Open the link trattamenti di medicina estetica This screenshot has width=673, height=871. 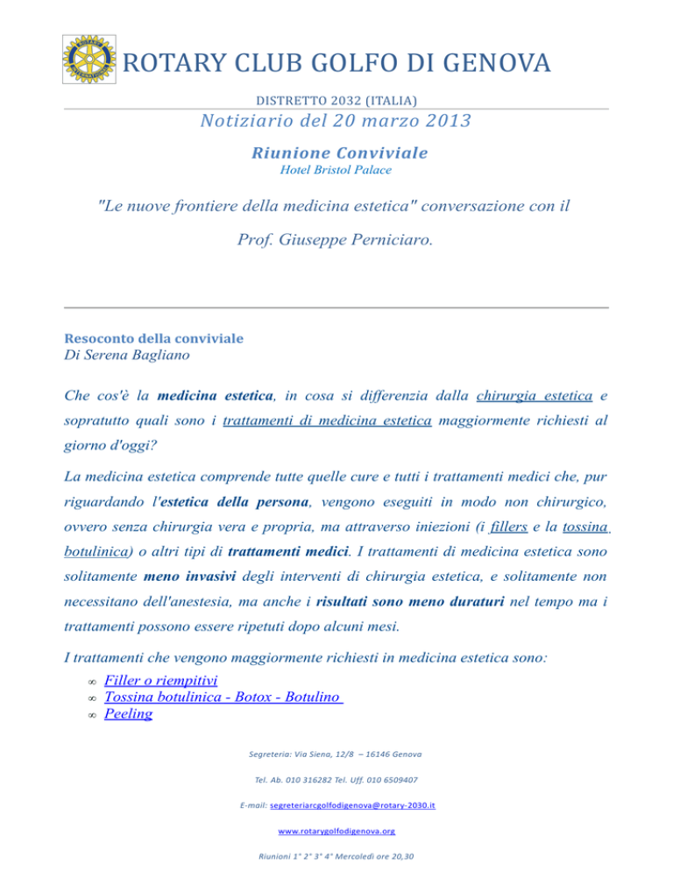(x=327, y=421)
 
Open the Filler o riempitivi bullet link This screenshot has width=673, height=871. (x=161, y=680)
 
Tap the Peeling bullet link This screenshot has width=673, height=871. (x=128, y=713)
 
